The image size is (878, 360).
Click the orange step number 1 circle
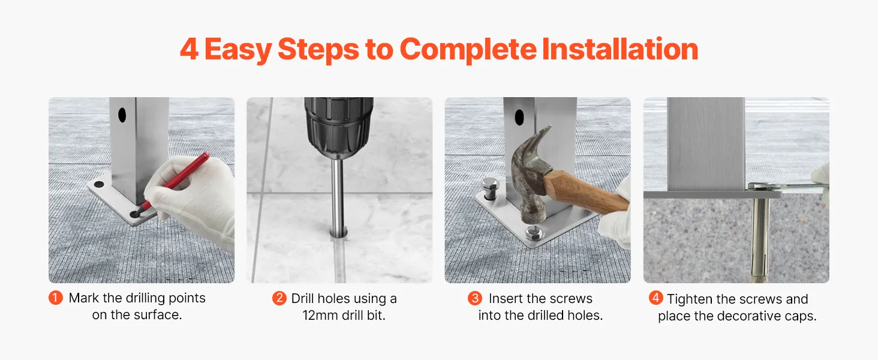tap(56, 298)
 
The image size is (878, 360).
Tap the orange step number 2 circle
tap(279, 298)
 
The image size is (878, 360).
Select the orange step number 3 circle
tap(474, 298)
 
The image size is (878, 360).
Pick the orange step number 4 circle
tap(656, 298)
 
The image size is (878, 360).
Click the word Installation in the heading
tap(620, 49)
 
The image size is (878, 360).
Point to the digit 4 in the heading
tap(189, 49)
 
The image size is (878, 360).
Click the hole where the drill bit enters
tap(338, 234)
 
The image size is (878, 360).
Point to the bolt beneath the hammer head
tap(534, 233)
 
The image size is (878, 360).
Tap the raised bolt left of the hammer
tap(489, 188)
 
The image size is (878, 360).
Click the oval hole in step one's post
tap(122, 115)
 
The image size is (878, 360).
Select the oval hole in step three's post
tap(519, 117)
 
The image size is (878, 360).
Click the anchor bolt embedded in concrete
tap(760, 239)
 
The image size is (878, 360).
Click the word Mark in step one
tap(84, 298)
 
